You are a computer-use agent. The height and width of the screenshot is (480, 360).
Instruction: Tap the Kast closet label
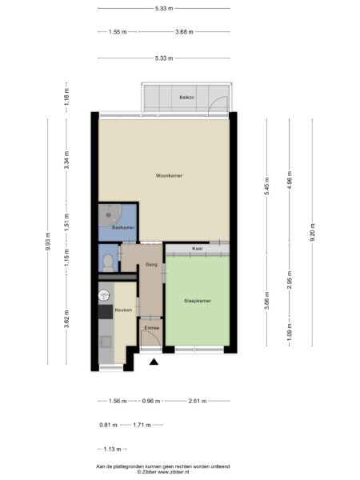point(197,249)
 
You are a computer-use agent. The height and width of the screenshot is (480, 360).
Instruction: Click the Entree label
point(151,327)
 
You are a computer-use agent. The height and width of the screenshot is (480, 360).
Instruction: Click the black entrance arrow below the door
point(154,363)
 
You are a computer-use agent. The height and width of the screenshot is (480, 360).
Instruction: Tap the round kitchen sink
point(103,295)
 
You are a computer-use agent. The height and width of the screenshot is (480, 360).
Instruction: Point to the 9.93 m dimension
point(48,239)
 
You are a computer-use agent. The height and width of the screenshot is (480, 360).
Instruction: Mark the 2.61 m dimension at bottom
point(197,401)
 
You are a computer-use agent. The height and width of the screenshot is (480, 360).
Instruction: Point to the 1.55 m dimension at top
point(117,32)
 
